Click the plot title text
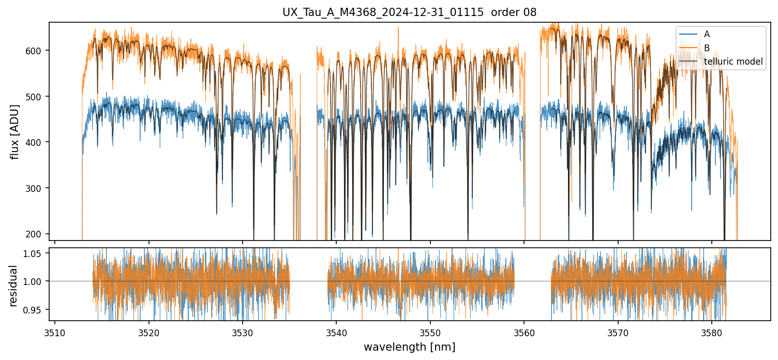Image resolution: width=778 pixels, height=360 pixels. click(x=409, y=12)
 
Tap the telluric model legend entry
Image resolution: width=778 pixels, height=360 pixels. click(x=733, y=62)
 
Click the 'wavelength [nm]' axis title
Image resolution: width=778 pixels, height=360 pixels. click(x=409, y=347)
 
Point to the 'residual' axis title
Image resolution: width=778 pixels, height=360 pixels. click(x=14, y=286)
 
